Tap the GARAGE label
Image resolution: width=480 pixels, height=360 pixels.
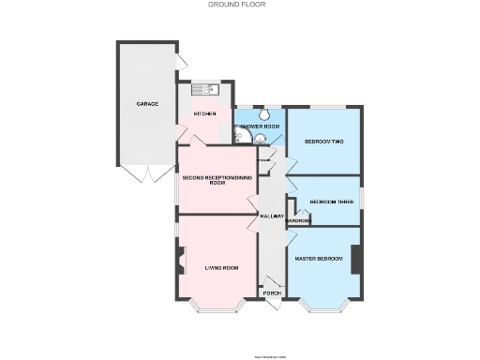click(146, 103)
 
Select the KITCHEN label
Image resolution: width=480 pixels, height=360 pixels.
click(205, 114)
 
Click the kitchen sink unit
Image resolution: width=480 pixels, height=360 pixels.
click(205, 89)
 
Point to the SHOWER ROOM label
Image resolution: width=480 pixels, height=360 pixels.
click(260, 127)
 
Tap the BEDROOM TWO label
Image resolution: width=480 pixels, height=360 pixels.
click(323, 142)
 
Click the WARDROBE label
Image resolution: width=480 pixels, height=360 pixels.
click(299, 221)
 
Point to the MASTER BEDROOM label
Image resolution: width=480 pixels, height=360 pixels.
click(319, 258)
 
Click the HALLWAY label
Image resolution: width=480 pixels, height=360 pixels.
click(272, 217)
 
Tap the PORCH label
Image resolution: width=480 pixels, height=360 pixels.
click(272, 293)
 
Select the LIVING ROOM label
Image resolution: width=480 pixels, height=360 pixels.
click(221, 268)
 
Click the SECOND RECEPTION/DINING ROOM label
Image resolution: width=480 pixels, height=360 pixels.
click(217, 180)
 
